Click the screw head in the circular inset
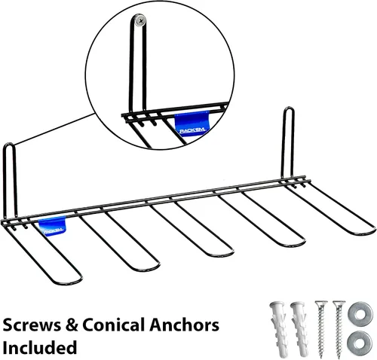pyautogui.click(x=140, y=20)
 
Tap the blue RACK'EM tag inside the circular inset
pyautogui.click(x=192, y=124)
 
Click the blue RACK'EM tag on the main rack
pyautogui.click(x=52, y=226)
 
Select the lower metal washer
pyautogui.click(x=360, y=343)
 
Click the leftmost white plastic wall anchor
pyautogui.click(x=278, y=329)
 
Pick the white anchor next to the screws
pyautogui.click(x=299, y=329)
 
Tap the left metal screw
pyautogui.click(x=321, y=329)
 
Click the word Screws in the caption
pyautogui.click(x=32, y=325)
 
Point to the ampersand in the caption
pyautogui.click(x=72, y=325)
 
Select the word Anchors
pyautogui.click(x=184, y=325)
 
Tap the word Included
pyautogui.click(x=39, y=347)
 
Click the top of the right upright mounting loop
pyautogui.click(x=289, y=108)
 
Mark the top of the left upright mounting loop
pyautogui.click(x=9, y=144)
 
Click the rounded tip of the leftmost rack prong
pyautogui.click(x=73, y=282)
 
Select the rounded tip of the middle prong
pyautogui.click(x=225, y=255)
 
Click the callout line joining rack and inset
pyautogui.click(x=55, y=129)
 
